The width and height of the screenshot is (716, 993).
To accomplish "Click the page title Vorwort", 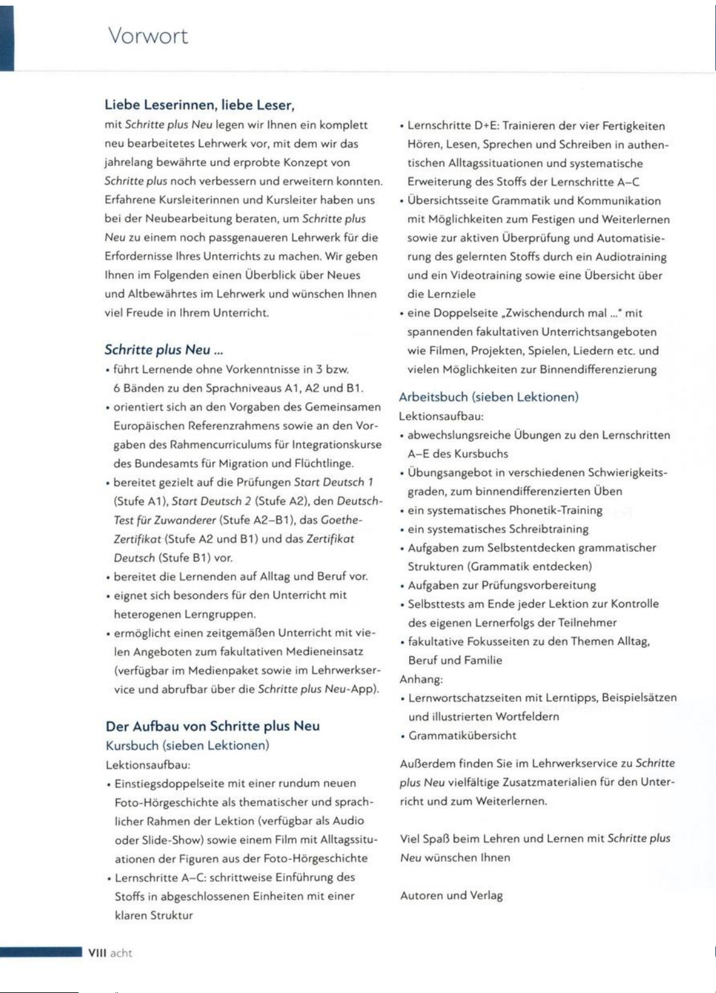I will coord(148,36).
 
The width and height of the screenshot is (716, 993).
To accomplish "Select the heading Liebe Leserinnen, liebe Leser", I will coord(200,105).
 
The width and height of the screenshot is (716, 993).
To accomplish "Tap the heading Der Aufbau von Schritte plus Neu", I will coord(213,726).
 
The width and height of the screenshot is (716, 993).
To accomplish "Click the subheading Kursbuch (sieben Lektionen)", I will coord(188,745).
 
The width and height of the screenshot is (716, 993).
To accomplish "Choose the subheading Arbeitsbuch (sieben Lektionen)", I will coord(489,397).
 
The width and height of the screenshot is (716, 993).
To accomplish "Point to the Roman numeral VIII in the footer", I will coord(96,953).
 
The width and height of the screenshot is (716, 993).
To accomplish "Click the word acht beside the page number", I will coord(121,953).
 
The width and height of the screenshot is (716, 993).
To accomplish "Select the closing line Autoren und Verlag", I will coord(451,896).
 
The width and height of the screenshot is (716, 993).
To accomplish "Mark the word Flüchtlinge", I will coord(322,464).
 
